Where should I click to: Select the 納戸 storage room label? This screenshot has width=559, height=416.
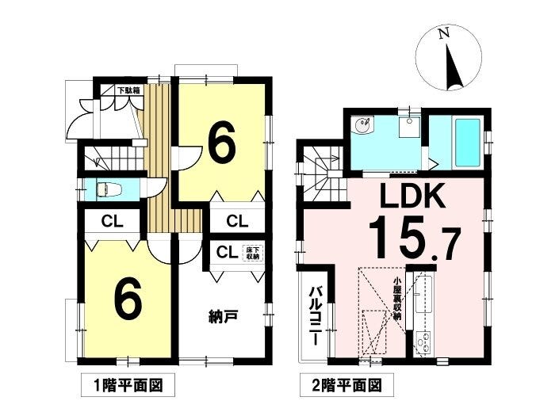point(223,316)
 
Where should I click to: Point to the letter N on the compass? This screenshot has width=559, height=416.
point(443,33)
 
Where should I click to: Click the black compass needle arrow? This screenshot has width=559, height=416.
point(453,67)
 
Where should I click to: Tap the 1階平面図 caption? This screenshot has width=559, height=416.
point(128,385)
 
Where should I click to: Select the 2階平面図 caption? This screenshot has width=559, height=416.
point(347,385)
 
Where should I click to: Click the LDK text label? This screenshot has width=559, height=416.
point(413,195)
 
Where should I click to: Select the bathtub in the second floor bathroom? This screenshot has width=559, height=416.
point(467,143)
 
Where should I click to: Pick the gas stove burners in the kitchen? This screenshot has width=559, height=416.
point(423,342)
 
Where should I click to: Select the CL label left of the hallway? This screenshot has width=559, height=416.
point(112,222)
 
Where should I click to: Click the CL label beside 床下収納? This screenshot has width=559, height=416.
point(227,253)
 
